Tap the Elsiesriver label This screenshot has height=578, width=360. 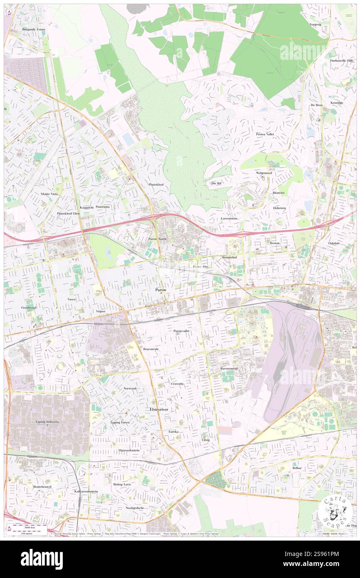(160, 410)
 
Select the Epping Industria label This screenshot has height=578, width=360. (47, 422)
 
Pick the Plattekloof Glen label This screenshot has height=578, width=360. (68, 213)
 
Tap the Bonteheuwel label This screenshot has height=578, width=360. (41, 486)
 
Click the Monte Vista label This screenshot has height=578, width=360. (49, 194)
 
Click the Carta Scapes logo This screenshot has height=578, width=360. (333, 512)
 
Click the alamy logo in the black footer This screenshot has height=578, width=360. (42, 559)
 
